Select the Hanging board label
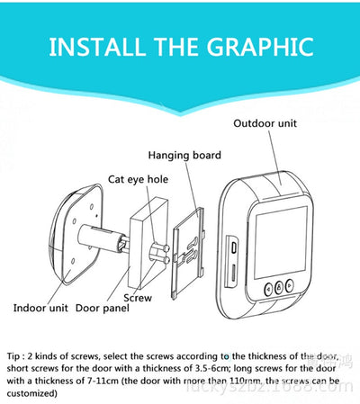click(184, 155)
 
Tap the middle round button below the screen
click(280, 288)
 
